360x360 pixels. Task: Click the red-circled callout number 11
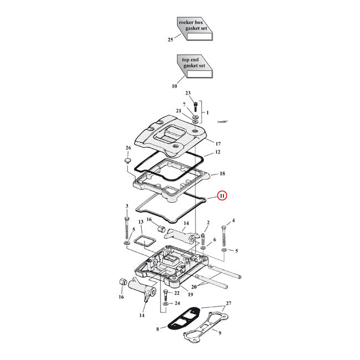(222, 195)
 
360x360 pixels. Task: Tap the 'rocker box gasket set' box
(194, 28)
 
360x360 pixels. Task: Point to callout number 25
(170, 40)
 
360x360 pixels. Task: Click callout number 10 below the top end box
(174, 86)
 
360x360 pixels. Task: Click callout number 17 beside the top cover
(218, 143)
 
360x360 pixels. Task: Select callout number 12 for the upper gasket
(218, 152)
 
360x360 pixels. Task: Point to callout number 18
(222, 173)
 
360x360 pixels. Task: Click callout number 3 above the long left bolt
(127, 206)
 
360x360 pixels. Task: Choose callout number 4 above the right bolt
(233, 220)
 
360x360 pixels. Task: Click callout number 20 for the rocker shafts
(193, 287)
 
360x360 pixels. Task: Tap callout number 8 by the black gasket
(158, 330)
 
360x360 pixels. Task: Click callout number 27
(229, 304)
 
